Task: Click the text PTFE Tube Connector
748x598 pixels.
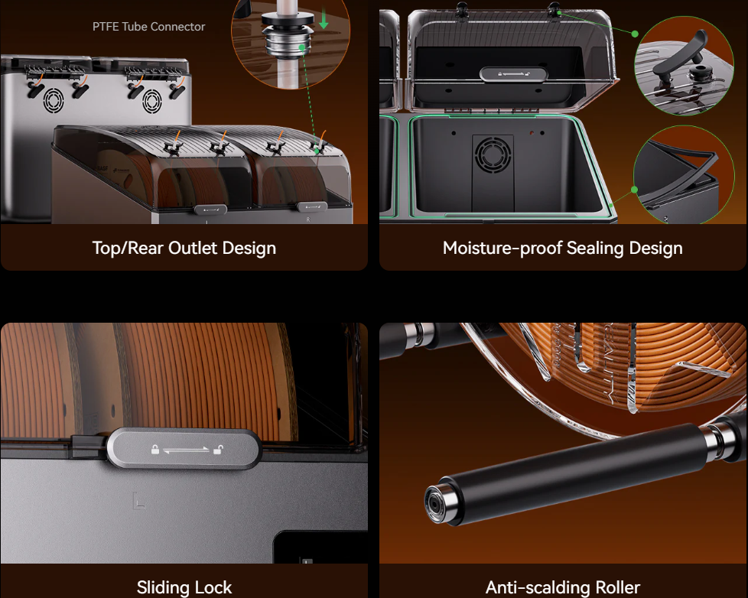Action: tap(148, 27)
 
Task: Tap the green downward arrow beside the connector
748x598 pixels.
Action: tap(324, 18)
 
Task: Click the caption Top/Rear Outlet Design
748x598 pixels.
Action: tap(184, 248)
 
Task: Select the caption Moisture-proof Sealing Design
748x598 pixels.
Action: tap(562, 248)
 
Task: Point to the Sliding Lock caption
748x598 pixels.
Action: tap(184, 587)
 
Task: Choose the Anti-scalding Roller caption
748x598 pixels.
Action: tap(562, 587)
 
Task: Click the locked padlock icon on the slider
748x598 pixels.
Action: tap(155, 449)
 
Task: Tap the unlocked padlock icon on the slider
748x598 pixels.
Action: tap(217, 449)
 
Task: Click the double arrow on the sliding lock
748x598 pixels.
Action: tap(186, 449)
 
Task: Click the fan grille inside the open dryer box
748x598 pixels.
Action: tap(493, 154)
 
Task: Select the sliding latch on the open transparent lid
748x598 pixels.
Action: tap(513, 75)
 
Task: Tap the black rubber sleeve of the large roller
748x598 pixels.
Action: tap(572, 472)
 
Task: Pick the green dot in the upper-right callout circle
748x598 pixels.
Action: tap(635, 34)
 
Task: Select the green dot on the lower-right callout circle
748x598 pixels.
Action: tap(634, 190)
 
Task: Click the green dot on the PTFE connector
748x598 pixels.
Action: tap(301, 47)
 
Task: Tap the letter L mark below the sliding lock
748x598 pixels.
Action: tap(138, 501)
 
